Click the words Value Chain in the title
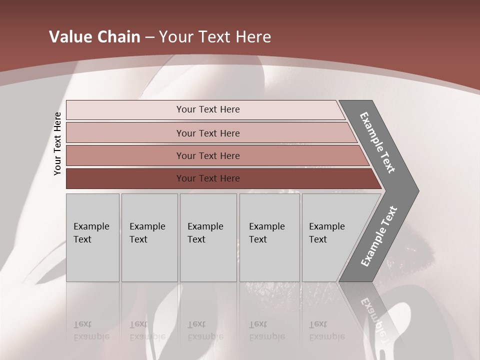tap(94, 37)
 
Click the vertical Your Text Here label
tap(57, 143)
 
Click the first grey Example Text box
tap(92, 237)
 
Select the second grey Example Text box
tap(149, 237)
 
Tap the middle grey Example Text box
tap(208, 237)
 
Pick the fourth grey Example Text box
tap(269, 237)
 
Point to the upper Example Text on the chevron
tap(377, 142)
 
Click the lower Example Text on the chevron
tap(379, 236)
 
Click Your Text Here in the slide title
tap(215, 37)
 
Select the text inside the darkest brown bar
tap(208, 178)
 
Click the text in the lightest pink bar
tap(208, 109)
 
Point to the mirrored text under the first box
tap(91, 330)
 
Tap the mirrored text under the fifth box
tap(326, 330)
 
